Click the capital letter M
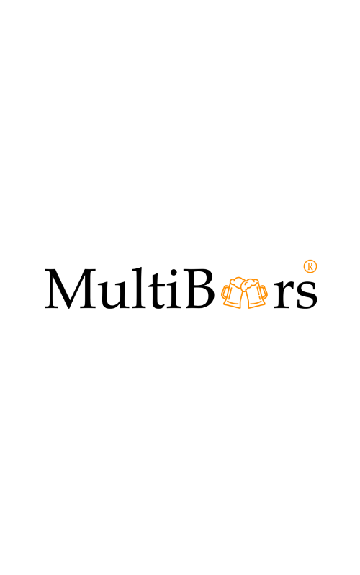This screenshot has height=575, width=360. [x=71, y=289]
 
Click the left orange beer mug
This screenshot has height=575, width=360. [x=233, y=293]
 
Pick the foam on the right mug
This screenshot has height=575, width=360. [x=251, y=283]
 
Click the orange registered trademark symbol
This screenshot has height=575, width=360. [x=310, y=266]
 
